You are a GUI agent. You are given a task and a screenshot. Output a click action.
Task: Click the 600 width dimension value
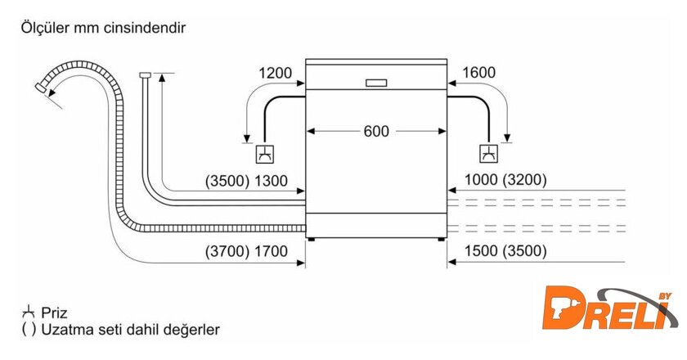click(x=377, y=131)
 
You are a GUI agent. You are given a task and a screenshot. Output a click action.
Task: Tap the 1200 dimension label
click(x=275, y=74)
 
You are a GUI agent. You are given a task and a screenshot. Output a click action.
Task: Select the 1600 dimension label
click(x=479, y=74)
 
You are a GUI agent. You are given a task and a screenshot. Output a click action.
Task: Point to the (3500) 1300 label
click(x=246, y=181)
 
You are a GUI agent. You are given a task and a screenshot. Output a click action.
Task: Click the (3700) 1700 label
click(x=246, y=251)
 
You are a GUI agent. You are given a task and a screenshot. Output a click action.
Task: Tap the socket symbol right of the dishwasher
click(x=487, y=153)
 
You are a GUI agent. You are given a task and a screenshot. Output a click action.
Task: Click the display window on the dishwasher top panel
click(x=376, y=83)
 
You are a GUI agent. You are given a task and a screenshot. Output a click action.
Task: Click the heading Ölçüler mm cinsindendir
click(x=105, y=28)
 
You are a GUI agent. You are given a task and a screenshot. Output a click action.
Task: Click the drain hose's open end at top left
click(x=41, y=86)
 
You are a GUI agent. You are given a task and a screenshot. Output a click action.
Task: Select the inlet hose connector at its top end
click(x=145, y=75)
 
